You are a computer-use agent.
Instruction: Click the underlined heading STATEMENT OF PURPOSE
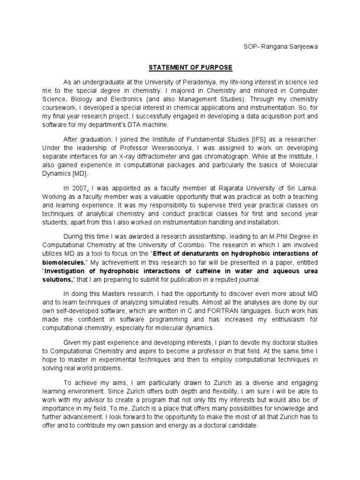pos(190,67)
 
